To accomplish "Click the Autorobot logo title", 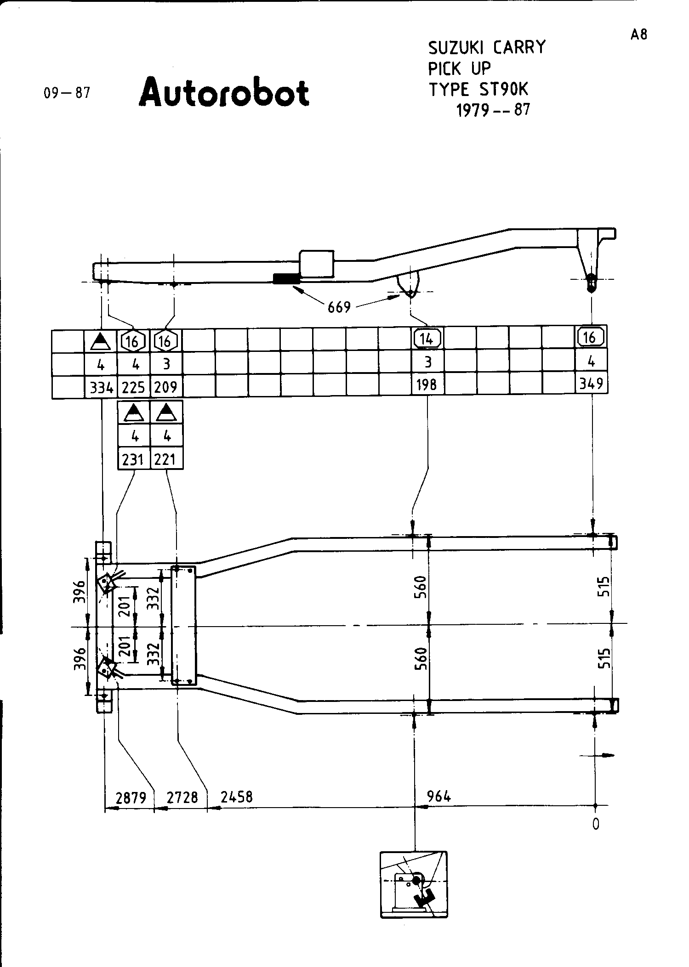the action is pyautogui.click(x=224, y=92).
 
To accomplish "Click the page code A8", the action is pyautogui.click(x=638, y=35).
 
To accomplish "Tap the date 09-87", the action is pyautogui.click(x=67, y=93).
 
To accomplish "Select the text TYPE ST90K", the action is pyautogui.click(x=478, y=89).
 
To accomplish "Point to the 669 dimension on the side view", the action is pyautogui.click(x=339, y=307).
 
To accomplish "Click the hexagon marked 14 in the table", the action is pyautogui.click(x=427, y=339).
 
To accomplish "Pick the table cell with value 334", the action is pyautogui.click(x=101, y=388).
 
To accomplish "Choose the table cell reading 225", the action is pyautogui.click(x=134, y=388).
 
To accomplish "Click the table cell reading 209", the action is pyautogui.click(x=166, y=388).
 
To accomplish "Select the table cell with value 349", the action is pyautogui.click(x=591, y=383).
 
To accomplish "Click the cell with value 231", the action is pyautogui.click(x=134, y=459).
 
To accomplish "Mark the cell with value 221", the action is pyautogui.click(x=166, y=459).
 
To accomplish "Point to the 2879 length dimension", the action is pyautogui.click(x=131, y=797).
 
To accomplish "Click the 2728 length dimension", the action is pyautogui.click(x=182, y=797).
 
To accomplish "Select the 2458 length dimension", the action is pyautogui.click(x=237, y=797).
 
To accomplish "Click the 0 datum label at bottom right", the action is pyautogui.click(x=596, y=824).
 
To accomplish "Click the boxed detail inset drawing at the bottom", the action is pyautogui.click(x=414, y=884).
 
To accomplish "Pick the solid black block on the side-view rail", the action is pyautogui.click(x=286, y=278).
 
